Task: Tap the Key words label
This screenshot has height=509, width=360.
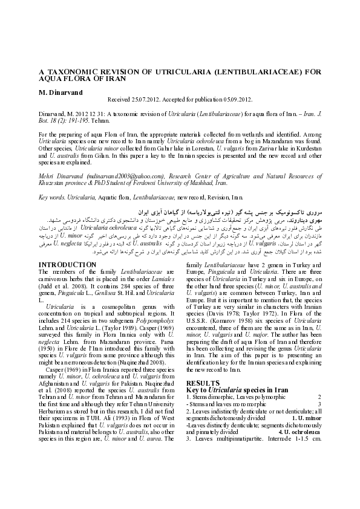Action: point(52,197)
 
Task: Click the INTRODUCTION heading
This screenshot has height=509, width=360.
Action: point(67,264)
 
